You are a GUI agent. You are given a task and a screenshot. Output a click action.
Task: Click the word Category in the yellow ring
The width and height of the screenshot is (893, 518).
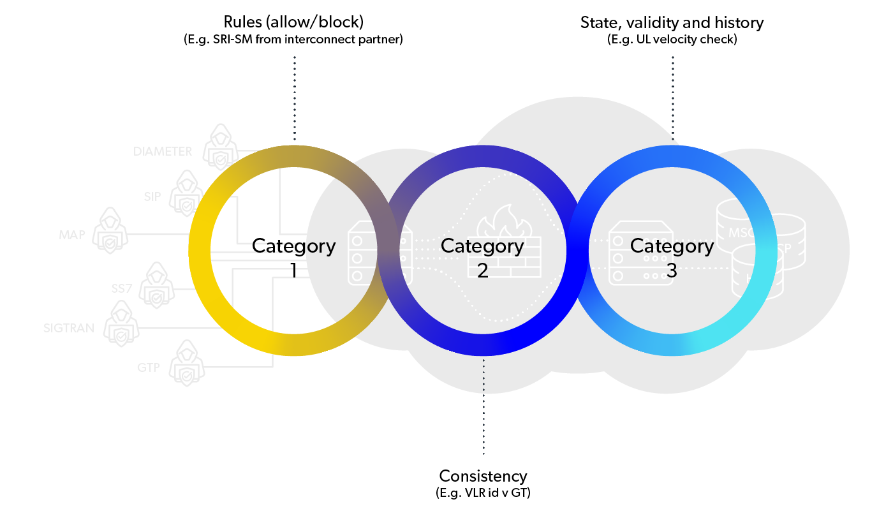coord(295,246)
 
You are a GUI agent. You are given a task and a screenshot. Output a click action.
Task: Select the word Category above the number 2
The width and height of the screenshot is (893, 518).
coord(482,246)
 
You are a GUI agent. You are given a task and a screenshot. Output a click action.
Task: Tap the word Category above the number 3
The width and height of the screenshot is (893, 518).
coord(672,246)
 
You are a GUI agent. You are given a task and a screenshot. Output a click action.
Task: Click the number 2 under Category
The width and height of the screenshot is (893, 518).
coord(482,270)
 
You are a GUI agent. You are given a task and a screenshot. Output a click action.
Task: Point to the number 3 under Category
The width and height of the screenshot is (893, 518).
coord(672,270)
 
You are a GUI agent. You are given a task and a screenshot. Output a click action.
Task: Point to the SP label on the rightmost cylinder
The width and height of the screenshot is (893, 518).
coord(786,248)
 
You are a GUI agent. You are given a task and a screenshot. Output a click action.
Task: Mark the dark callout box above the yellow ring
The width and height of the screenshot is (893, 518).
coord(350,99)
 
